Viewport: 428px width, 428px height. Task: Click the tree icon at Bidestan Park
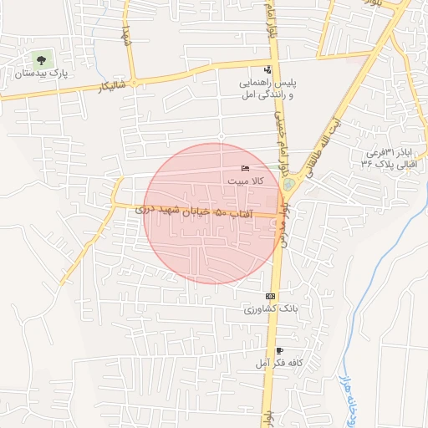pyautogui.click(x=40, y=59)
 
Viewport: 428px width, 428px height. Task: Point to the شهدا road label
pyautogui.click(x=127, y=36)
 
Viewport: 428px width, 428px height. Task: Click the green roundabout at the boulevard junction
pyautogui.click(x=289, y=184)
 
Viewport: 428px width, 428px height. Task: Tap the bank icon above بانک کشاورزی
pyautogui.click(x=269, y=297)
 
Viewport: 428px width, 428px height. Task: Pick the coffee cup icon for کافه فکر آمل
pyautogui.click(x=278, y=350)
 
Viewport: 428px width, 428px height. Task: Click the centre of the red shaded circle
pyautogui.click(x=211, y=213)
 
